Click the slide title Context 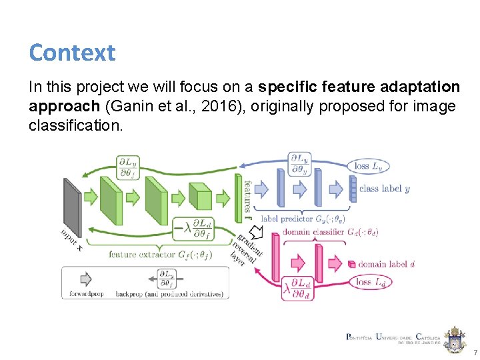click(72, 52)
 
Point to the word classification click(76, 125)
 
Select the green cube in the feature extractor click(199, 197)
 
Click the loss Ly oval click(371, 166)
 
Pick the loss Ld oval click(372, 282)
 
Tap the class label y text click(384, 189)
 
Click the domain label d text click(387, 264)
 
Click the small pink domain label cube click(352, 264)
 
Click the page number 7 click(475, 351)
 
